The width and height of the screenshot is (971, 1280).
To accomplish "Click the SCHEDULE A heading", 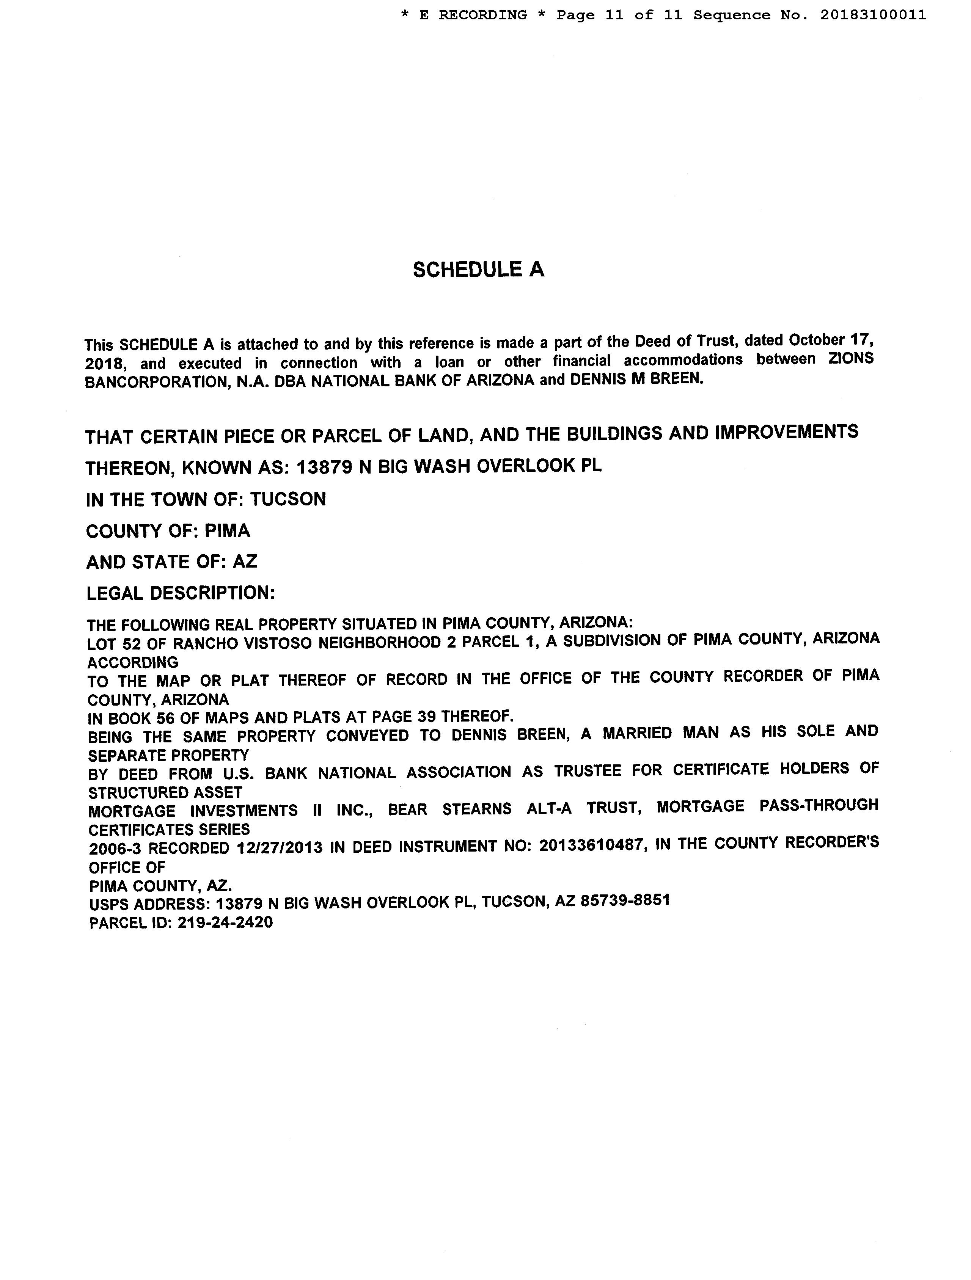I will coord(478,270).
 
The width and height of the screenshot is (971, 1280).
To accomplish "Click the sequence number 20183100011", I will coord(872,15).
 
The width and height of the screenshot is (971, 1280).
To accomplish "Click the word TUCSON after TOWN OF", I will coord(288,499).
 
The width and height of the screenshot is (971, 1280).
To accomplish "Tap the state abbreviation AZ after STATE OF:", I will coord(245,561).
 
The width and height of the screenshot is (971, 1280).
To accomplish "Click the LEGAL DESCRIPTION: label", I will coord(181,593).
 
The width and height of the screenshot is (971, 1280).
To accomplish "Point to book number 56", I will coord(165,718).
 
